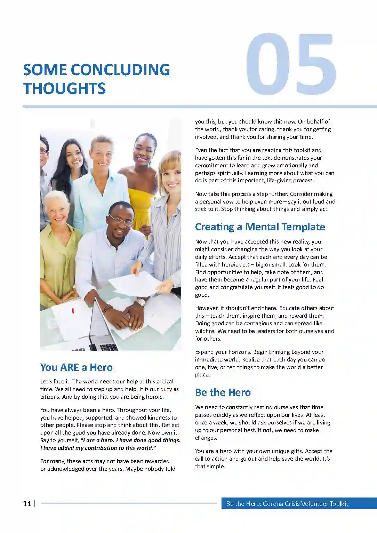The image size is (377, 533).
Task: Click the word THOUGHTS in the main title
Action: (64, 88)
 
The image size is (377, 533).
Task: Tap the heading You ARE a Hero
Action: (77, 367)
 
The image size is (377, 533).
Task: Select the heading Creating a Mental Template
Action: (260, 227)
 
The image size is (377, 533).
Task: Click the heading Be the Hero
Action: (223, 392)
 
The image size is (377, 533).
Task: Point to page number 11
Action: (27, 503)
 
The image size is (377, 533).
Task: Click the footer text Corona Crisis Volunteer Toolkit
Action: (305, 503)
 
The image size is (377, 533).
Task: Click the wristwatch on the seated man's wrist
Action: (141, 302)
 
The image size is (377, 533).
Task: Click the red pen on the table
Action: (73, 311)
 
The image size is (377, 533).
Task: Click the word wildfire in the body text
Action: (205, 331)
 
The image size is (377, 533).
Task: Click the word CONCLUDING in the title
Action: (120, 70)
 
